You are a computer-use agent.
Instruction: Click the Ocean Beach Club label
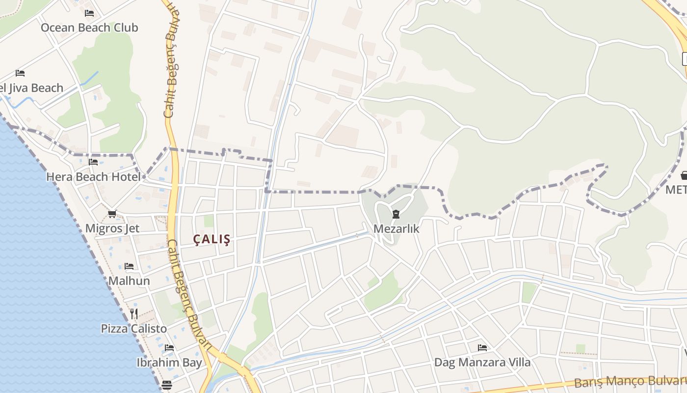[x=89, y=28]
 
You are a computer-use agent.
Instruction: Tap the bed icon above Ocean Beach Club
[x=89, y=13]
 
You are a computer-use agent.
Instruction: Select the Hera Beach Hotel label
[x=93, y=177]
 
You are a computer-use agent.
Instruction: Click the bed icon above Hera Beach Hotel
[x=93, y=162]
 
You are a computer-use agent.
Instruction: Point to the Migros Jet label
[x=112, y=228]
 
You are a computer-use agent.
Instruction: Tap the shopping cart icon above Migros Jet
[x=112, y=214]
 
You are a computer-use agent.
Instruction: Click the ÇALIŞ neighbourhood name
[x=211, y=240]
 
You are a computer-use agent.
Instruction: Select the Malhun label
[x=129, y=281]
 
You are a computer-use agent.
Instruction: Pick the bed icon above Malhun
[x=129, y=266]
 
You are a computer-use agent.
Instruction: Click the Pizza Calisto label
[x=134, y=328]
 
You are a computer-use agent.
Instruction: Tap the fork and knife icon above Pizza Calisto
[x=134, y=313]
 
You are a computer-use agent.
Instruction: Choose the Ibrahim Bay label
[x=169, y=363]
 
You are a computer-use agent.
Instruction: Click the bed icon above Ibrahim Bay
[x=169, y=348]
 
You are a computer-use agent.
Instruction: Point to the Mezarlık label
[x=396, y=228]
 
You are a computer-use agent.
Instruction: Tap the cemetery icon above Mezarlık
[x=396, y=214]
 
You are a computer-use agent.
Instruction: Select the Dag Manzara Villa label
[x=482, y=363]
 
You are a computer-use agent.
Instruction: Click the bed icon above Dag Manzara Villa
[x=482, y=348]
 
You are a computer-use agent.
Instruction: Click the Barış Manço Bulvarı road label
[x=631, y=381]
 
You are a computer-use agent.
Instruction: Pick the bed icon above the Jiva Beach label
[x=20, y=73]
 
